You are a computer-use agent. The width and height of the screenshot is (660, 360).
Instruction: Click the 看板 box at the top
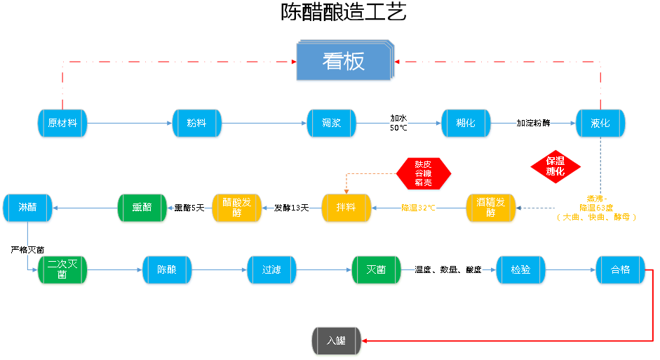(x=344, y=62)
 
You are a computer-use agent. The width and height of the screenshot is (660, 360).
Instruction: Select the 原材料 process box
(x=62, y=124)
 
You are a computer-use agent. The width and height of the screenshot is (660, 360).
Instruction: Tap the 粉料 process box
(x=197, y=124)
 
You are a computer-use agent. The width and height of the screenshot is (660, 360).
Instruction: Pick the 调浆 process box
(x=332, y=124)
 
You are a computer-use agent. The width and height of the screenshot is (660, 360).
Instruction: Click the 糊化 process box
(x=466, y=124)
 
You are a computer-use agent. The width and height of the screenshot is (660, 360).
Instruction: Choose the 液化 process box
(x=600, y=124)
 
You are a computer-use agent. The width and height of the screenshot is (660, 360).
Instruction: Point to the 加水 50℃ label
(x=399, y=124)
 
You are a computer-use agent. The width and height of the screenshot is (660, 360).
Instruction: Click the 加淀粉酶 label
(x=534, y=124)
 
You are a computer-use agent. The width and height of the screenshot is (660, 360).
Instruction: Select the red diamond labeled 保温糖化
(x=555, y=166)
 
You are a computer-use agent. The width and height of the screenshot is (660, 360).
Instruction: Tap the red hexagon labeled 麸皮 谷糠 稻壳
(x=423, y=173)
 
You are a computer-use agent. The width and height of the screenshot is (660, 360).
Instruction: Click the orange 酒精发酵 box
(x=491, y=208)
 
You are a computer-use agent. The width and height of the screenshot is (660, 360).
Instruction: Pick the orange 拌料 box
(x=346, y=208)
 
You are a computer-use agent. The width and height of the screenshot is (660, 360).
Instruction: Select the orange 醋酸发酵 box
(x=237, y=208)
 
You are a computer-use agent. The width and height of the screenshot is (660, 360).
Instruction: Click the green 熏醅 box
(x=142, y=208)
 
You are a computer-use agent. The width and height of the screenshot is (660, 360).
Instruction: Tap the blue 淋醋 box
(x=27, y=208)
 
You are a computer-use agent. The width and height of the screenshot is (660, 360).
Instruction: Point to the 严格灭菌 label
(x=28, y=250)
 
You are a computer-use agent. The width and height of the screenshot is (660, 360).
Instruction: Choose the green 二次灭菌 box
(x=62, y=270)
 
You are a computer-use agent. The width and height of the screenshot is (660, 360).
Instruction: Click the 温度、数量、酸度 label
(x=448, y=269)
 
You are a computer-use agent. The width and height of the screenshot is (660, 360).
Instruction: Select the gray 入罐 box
(x=337, y=341)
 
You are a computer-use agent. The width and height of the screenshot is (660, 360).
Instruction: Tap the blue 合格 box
(x=621, y=270)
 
